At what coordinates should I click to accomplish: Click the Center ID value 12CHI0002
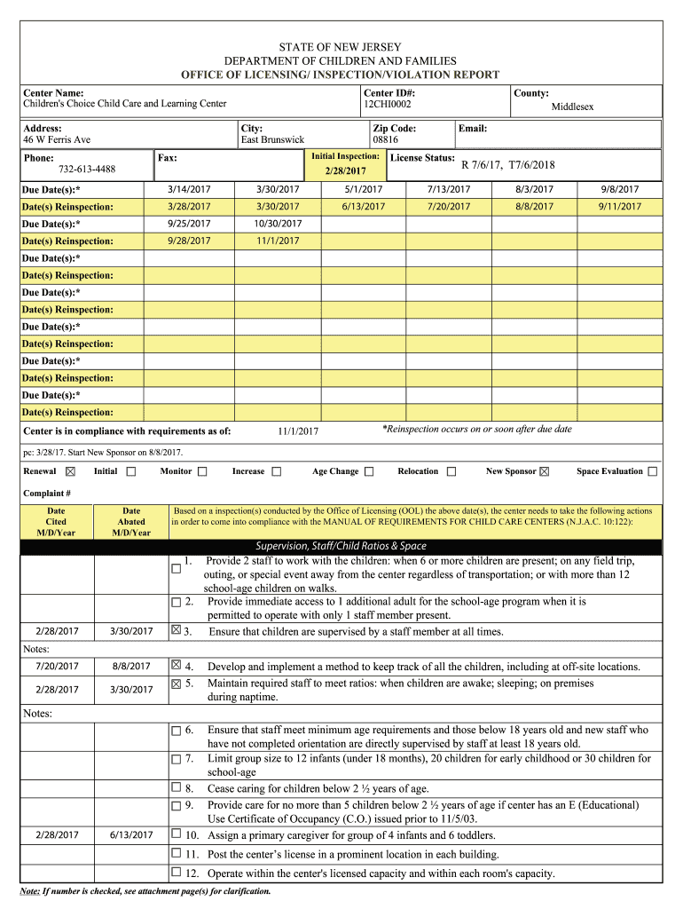point(388,105)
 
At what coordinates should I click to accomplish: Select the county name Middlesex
point(572,107)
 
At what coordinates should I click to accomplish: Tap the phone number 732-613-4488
point(87,170)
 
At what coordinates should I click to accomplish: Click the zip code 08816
point(386,140)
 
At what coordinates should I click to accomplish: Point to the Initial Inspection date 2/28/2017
point(345,170)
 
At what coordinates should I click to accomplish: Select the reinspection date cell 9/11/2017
point(619,207)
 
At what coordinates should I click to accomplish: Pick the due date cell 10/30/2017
point(278,224)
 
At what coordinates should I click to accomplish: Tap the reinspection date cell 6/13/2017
point(363,207)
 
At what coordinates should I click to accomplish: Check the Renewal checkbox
point(71,471)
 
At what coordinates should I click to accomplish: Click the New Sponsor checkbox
point(545,471)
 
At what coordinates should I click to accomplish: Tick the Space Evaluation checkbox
point(653,471)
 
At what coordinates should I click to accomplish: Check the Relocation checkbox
point(451,471)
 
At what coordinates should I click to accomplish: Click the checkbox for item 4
point(175,665)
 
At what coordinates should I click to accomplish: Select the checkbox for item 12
point(175,873)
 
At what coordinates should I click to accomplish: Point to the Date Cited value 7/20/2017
point(57,667)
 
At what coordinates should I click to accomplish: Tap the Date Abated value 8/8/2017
point(131,667)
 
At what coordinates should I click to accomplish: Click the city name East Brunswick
point(272,140)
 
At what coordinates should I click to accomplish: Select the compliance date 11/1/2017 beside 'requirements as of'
point(298,431)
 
